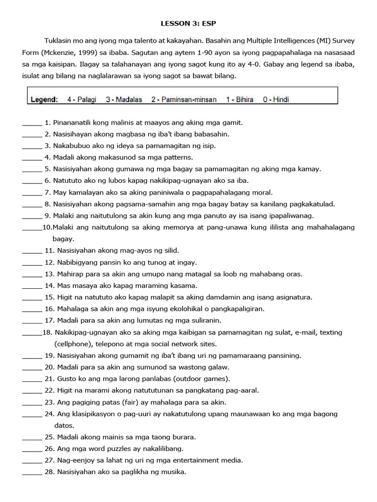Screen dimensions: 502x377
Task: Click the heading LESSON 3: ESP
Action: click(x=188, y=23)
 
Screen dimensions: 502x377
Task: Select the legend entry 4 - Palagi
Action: click(x=82, y=100)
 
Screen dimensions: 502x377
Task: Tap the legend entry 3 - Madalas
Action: click(x=124, y=100)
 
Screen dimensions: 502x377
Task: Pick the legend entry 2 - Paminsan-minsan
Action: click(x=184, y=100)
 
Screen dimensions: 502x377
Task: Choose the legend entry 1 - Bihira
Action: click(x=240, y=100)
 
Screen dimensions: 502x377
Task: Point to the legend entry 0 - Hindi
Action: click(x=276, y=100)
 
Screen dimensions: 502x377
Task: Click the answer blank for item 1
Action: click(x=32, y=123)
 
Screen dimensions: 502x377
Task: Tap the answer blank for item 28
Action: click(x=32, y=473)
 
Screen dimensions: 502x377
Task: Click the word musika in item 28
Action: click(x=175, y=473)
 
